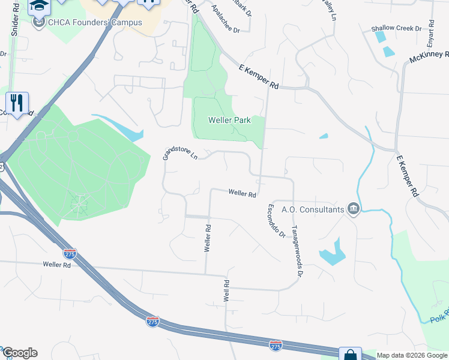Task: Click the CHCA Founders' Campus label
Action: tap(95, 23)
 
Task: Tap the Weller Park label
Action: tap(228, 120)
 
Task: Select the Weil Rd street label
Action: tap(226, 291)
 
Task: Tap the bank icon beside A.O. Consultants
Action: tap(353, 209)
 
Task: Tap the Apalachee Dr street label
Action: tap(226, 19)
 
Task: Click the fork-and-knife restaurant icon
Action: tap(16, 102)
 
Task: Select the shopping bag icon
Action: tap(349, 354)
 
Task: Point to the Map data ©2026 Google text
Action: tap(412, 355)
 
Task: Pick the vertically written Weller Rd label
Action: tap(208, 238)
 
